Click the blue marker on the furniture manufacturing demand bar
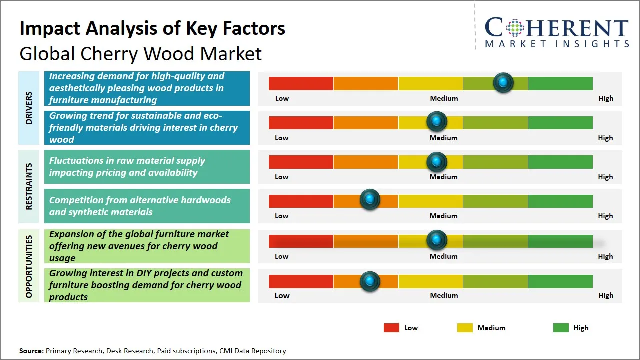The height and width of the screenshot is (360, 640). pyautogui.click(x=503, y=82)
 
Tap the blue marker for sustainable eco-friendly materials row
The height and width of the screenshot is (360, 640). pyautogui.click(x=437, y=121)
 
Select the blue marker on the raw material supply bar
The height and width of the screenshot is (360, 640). pyautogui.click(x=437, y=161)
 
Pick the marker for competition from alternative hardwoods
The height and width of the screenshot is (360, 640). pyautogui.click(x=370, y=200)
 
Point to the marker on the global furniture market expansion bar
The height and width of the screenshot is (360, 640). pyautogui.click(x=437, y=240)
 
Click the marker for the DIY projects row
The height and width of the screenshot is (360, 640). pyautogui.click(x=370, y=281)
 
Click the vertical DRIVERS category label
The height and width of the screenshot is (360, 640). pyautogui.click(x=29, y=108)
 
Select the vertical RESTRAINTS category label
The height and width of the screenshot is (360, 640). pyautogui.click(x=29, y=186)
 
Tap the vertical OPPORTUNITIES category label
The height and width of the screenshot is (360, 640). pyautogui.click(x=29, y=266)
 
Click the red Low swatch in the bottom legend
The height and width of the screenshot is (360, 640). pyautogui.click(x=391, y=328)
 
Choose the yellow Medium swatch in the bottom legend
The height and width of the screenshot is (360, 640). pyautogui.click(x=465, y=328)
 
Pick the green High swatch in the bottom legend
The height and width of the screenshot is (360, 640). pyautogui.click(x=561, y=328)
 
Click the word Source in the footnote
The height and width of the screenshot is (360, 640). pyautogui.click(x=31, y=351)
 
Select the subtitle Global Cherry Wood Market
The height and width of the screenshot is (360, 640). pyautogui.click(x=140, y=53)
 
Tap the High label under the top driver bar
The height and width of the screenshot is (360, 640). pyautogui.click(x=605, y=98)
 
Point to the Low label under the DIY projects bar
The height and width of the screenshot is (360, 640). pyautogui.click(x=282, y=295)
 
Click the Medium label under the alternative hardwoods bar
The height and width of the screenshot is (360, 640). pyautogui.click(x=444, y=216)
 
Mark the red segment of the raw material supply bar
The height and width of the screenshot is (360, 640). pyautogui.click(x=301, y=162)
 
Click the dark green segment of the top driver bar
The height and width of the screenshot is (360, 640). pyautogui.click(x=560, y=83)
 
